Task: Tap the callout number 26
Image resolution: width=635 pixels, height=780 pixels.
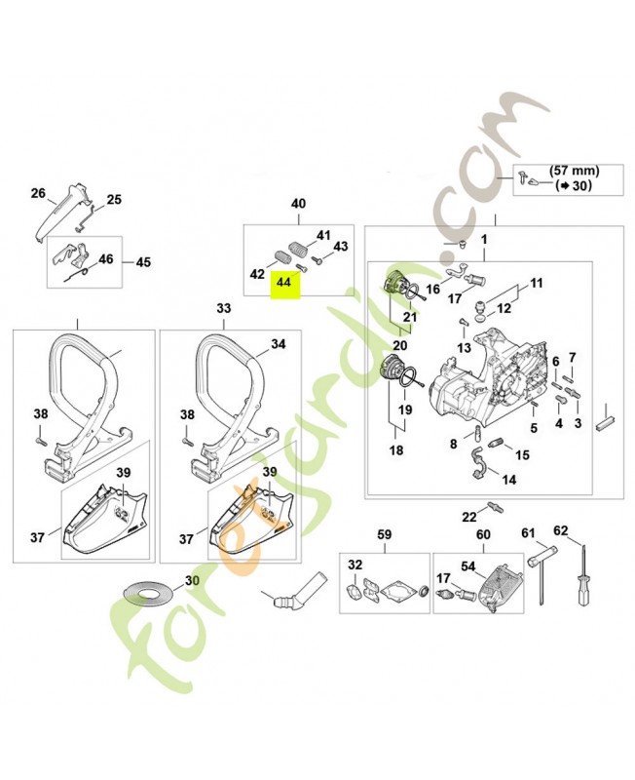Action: (38, 193)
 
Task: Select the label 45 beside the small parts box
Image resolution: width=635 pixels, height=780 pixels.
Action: (143, 262)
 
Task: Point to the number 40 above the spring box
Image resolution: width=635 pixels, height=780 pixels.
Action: (298, 204)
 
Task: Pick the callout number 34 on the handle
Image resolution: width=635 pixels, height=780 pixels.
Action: (279, 344)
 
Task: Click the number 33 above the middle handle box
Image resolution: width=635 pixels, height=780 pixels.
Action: (224, 308)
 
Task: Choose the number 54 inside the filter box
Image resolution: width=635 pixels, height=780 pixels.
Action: (467, 565)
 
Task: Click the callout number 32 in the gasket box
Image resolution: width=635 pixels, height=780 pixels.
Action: (355, 565)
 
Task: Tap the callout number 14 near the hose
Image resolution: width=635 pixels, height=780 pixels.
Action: (509, 481)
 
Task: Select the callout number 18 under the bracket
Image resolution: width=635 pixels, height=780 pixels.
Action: (396, 450)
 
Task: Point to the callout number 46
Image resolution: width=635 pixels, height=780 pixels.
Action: (106, 259)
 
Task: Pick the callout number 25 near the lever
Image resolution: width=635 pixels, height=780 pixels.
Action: (114, 200)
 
